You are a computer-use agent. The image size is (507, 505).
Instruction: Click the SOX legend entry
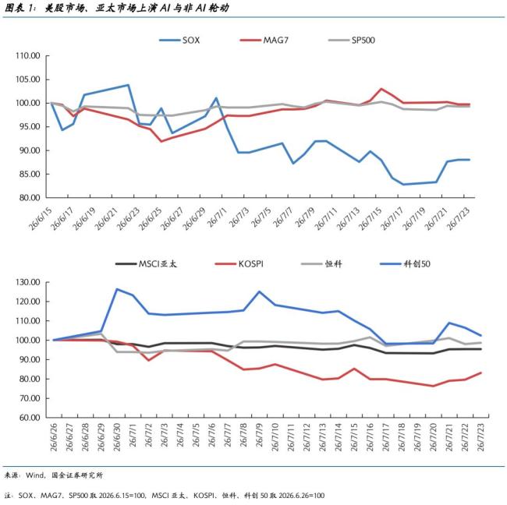pos(179,41)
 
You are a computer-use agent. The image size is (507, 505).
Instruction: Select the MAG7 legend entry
pos(264,41)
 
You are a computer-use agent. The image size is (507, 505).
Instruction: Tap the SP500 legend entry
pos(352,41)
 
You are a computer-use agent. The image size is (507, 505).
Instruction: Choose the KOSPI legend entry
pos(239,264)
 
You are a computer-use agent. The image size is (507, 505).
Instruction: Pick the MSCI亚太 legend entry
pos(146,264)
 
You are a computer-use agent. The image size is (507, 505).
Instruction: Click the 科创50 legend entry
pos(405,264)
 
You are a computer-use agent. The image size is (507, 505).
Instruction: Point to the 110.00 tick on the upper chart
pos(28,56)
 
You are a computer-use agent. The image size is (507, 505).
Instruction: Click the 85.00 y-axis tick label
pos(30,174)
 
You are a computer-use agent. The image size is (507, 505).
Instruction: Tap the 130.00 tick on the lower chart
pos(28,282)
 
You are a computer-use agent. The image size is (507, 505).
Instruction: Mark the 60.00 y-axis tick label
pos(30,418)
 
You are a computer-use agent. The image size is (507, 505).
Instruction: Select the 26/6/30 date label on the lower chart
pos(117,437)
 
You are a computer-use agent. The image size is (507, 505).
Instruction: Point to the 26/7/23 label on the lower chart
pos(480,437)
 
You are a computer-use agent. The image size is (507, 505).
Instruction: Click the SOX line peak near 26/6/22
pos(129,85)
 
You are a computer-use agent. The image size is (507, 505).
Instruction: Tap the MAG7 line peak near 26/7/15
pos(381,89)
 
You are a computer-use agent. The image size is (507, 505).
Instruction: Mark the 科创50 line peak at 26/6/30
pos(117,289)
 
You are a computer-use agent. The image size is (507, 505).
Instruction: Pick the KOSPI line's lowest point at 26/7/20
pos(433,386)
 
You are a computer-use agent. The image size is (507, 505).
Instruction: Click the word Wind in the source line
pos(34,475)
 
